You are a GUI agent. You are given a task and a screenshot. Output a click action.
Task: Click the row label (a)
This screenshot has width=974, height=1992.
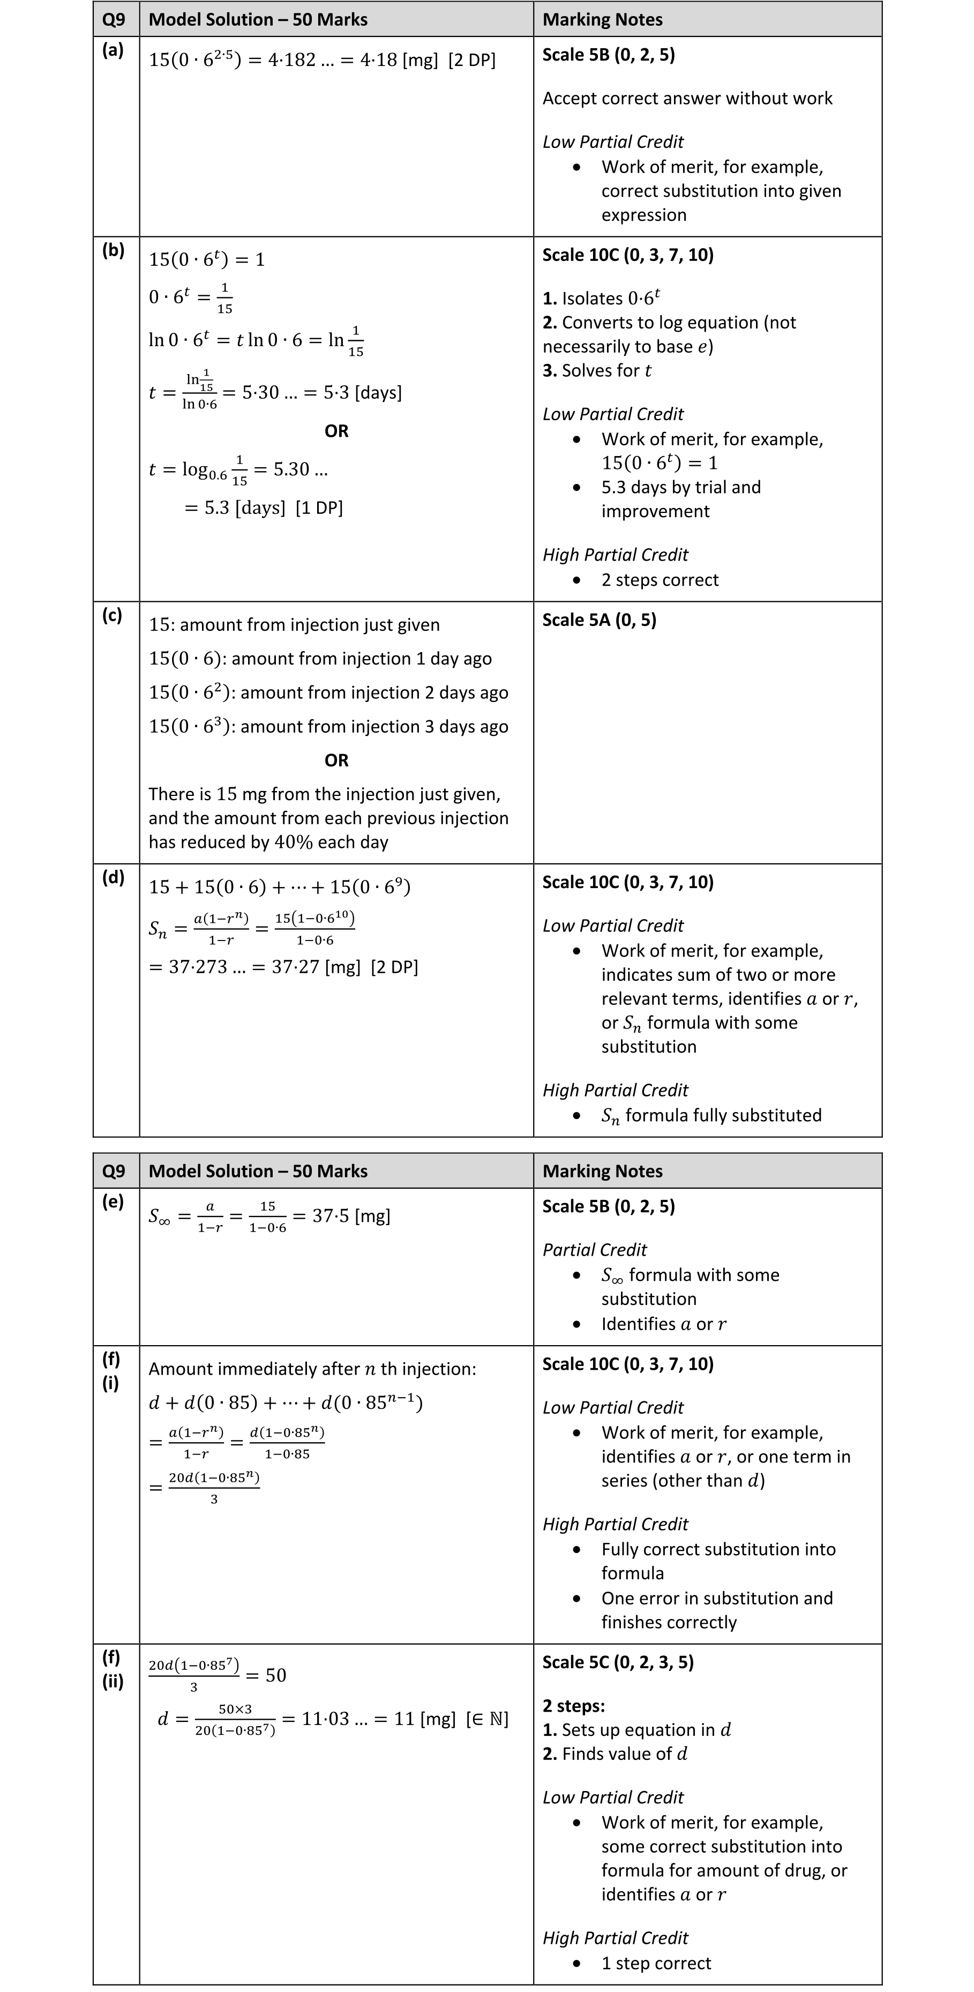tap(113, 51)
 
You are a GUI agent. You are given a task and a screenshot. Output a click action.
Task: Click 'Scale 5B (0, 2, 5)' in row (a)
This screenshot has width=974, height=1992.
tap(609, 55)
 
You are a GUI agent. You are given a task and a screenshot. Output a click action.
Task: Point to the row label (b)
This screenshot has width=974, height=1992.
tap(113, 251)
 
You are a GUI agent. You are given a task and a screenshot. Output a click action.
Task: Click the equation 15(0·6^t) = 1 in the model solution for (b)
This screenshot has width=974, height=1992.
tap(206, 260)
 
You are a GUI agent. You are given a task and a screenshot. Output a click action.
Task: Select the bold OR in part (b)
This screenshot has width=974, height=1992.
tap(336, 431)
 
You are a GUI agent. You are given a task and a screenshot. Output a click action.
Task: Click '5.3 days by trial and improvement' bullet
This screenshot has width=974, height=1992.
tap(680, 499)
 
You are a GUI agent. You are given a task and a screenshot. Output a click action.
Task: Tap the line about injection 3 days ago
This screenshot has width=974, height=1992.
tap(328, 727)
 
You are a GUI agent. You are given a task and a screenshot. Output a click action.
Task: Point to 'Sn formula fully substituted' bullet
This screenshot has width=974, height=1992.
tap(711, 1116)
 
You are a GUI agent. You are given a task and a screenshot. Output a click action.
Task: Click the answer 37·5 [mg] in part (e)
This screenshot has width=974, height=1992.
tap(351, 1217)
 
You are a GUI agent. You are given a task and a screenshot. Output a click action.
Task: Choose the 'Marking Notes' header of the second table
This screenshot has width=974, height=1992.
tap(602, 1172)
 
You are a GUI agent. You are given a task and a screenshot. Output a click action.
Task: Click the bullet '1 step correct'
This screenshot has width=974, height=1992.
tap(656, 1964)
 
